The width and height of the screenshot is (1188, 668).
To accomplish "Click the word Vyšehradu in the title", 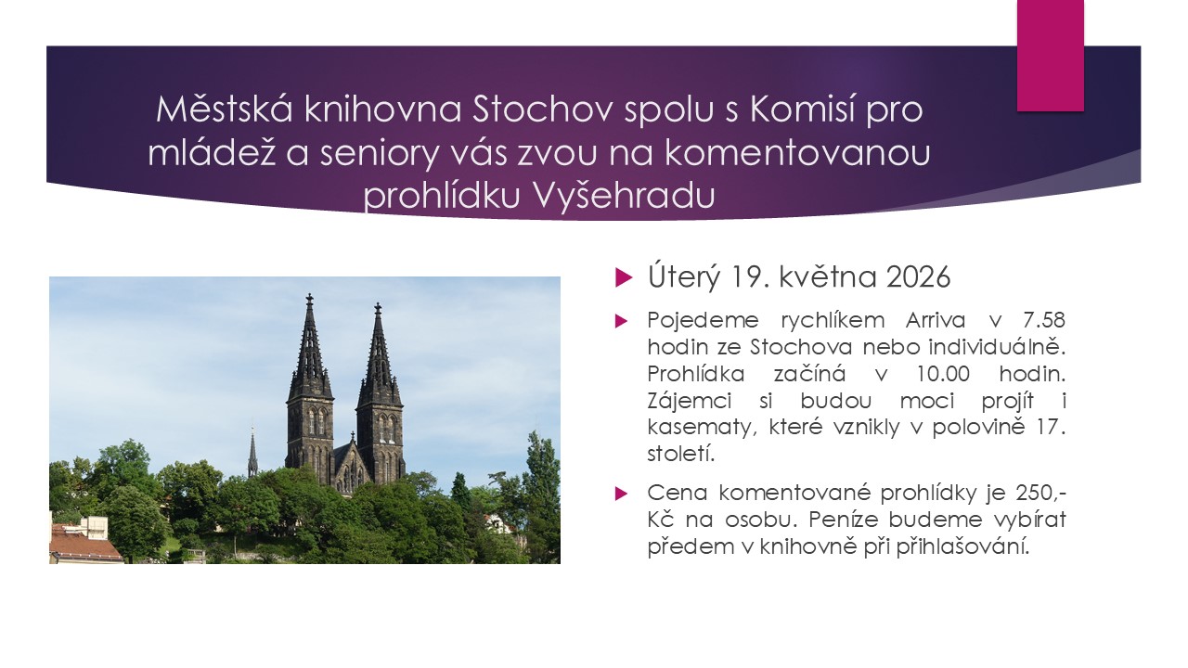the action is click(624, 195).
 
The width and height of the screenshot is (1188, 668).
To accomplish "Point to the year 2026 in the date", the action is click(918, 276).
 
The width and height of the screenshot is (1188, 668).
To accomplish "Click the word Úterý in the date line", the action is click(684, 276).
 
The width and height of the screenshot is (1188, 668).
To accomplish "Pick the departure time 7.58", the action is click(1043, 320).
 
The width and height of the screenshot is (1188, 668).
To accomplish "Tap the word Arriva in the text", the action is click(936, 320).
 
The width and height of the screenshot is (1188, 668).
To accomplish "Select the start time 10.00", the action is click(943, 374).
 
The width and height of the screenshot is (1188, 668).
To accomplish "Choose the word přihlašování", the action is click(962, 547).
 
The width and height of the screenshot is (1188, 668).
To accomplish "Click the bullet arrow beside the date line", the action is click(624, 277).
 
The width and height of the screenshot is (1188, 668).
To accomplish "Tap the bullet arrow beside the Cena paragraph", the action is click(621, 495).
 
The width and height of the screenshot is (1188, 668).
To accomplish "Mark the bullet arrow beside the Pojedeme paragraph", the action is click(621, 321).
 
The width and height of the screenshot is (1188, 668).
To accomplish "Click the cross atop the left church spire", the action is click(309, 300).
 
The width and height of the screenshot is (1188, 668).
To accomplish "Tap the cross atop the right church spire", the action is click(378, 308).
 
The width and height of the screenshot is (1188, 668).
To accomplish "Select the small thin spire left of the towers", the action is click(252, 455).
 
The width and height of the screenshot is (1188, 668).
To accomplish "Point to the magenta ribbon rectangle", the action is click(1050, 56).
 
